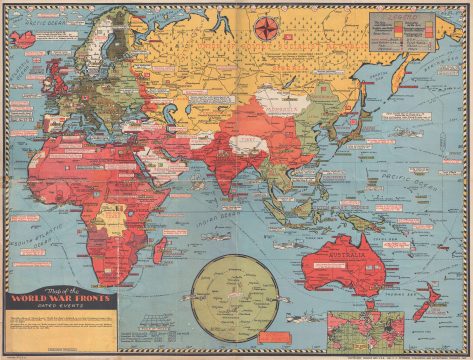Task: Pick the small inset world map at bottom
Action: pos(367,328)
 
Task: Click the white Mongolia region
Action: pos(277,101)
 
